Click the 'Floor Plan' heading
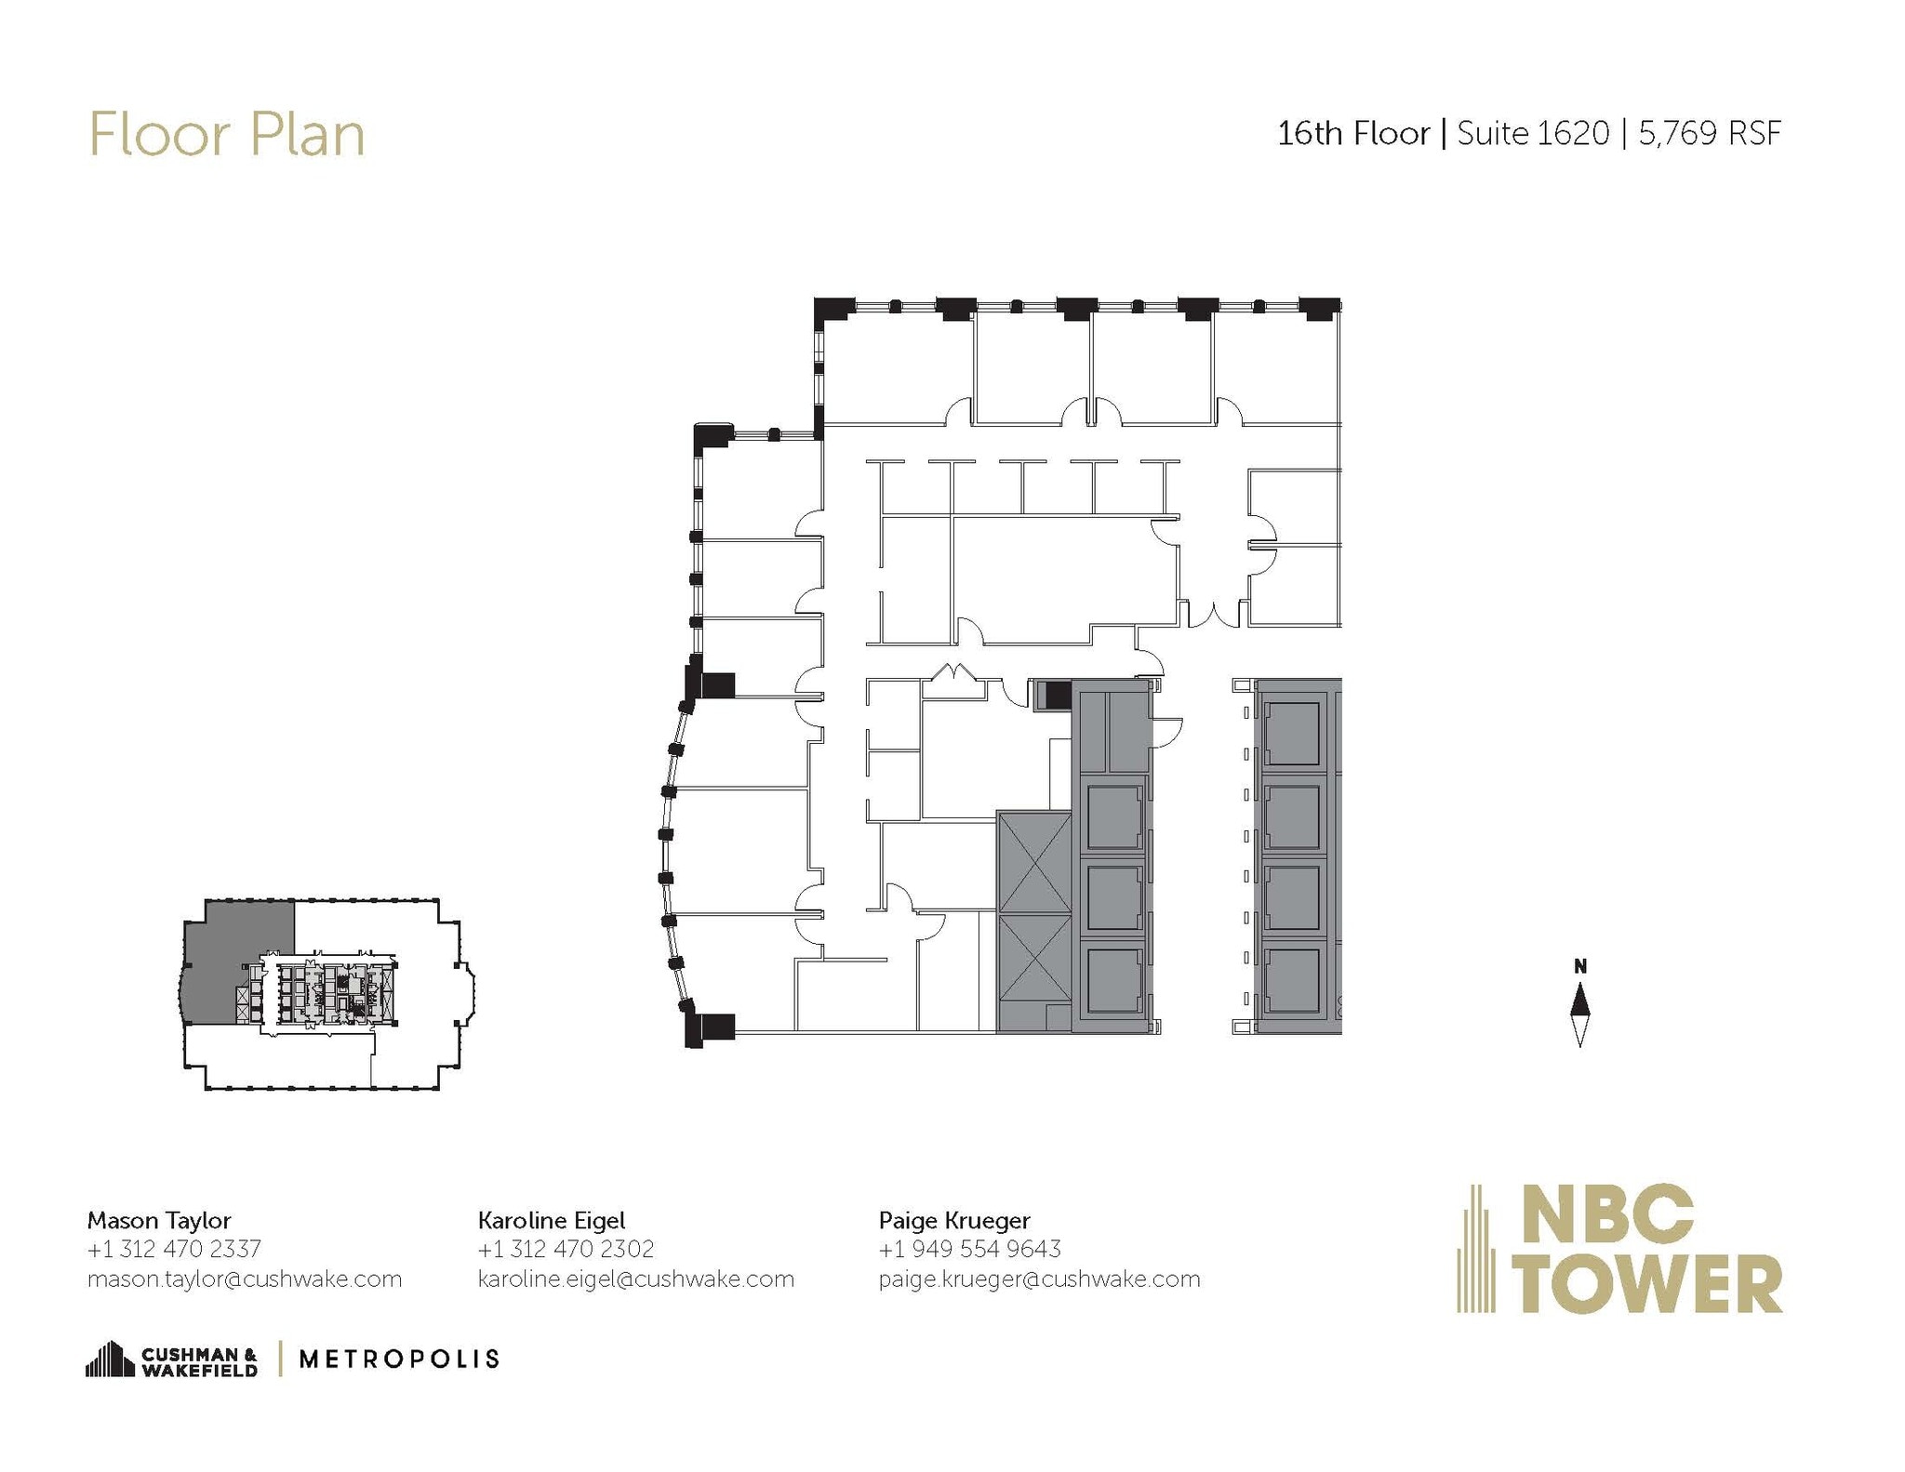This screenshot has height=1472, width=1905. tap(226, 136)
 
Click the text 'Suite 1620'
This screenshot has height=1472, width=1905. tap(1532, 134)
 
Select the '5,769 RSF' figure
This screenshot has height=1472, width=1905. tap(1710, 134)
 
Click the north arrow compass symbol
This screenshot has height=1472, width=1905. tap(1579, 1016)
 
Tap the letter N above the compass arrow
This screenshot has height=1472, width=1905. tap(1579, 967)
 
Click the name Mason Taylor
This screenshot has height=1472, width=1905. tap(159, 1220)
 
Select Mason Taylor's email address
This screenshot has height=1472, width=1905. tap(245, 1280)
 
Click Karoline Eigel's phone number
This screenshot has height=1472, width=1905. tap(566, 1249)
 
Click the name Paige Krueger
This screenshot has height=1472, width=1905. tap(954, 1220)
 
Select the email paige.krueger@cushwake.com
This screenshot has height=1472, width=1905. tap(1039, 1280)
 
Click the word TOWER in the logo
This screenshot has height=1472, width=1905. tap(1653, 1284)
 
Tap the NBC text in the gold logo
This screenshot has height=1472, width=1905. tap(1609, 1213)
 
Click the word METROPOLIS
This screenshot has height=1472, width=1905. tap(399, 1359)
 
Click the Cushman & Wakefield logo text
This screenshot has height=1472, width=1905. tap(198, 1362)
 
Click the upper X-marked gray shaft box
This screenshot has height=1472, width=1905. tap(1033, 862)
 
